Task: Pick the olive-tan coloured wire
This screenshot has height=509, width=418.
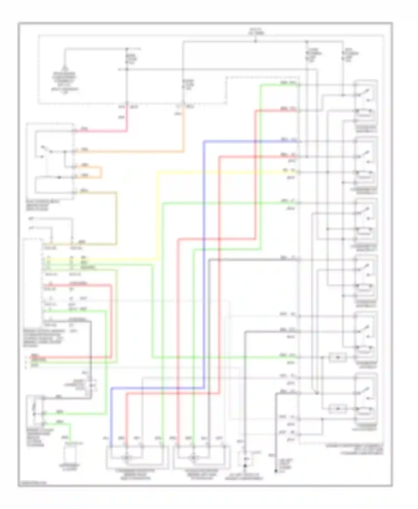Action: [x=116, y=217]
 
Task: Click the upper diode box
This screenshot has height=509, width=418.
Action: [x=337, y=357]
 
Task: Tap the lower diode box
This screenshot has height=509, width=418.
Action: [x=337, y=408]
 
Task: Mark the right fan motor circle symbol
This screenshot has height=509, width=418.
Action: [x=193, y=457]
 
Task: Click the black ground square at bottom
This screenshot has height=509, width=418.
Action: [x=245, y=466]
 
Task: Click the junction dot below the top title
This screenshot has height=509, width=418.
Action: [x=256, y=42]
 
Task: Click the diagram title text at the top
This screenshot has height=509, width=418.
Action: [x=256, y=31]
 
